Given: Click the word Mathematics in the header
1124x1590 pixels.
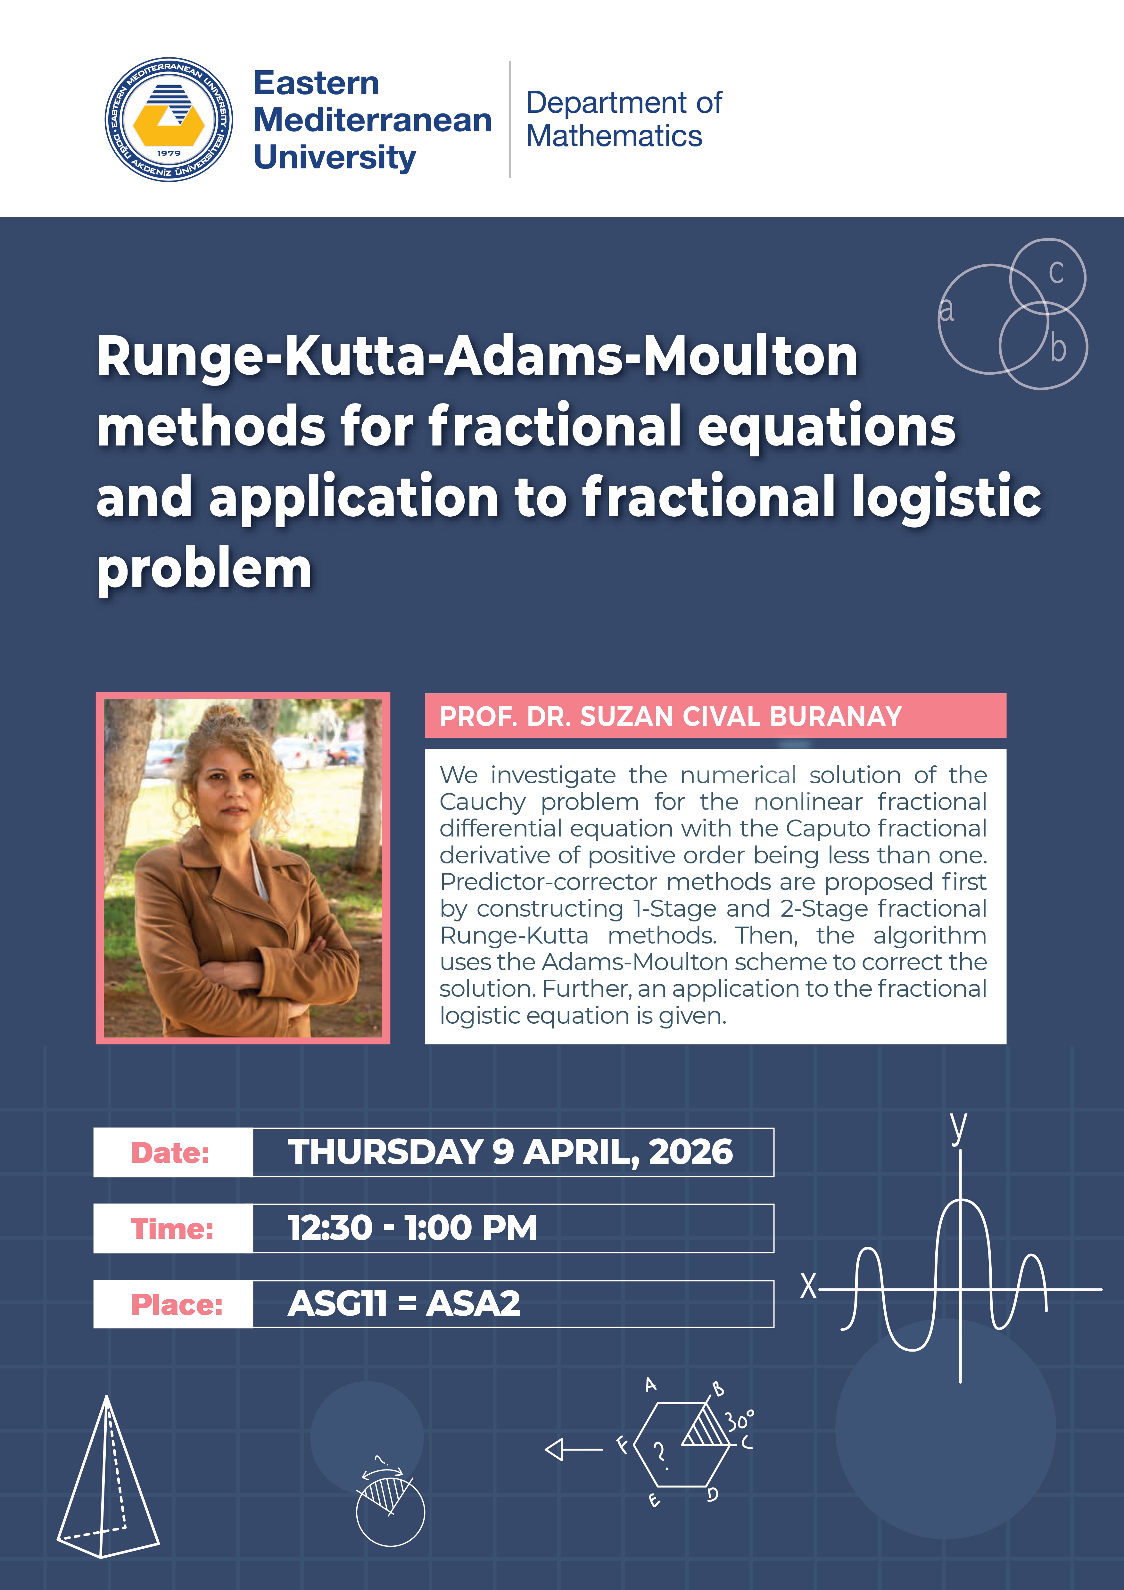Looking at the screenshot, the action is (x=614, y=136).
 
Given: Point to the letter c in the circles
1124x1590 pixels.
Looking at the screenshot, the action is (x=1055, y=272).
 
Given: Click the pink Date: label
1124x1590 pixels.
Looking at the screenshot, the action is (x=170, y=1152).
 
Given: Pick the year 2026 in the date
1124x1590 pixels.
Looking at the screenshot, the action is (x=691, y=1152).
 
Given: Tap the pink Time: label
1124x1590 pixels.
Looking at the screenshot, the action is (x=172, y=1228).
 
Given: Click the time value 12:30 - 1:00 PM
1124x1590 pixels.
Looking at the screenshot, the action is (x=412, y=1228).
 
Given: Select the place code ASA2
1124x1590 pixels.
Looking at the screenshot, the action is (x=474, y=1303).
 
